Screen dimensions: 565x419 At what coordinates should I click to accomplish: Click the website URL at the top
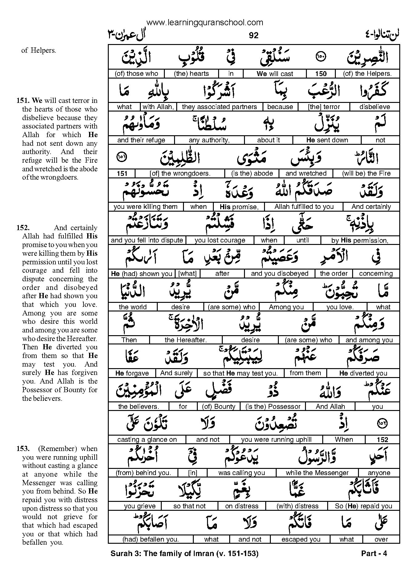[205, 22]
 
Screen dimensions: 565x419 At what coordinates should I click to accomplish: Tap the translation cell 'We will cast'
[275, 74]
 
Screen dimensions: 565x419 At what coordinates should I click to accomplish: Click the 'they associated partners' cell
[219, 107]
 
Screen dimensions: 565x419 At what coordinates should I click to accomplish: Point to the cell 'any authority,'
[209, 140]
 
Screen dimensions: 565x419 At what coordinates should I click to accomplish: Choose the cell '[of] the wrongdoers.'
[180, 173]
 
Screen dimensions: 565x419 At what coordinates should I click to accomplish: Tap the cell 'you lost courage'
[220, 240]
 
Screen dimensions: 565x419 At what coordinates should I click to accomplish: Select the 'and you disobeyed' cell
[279, 274]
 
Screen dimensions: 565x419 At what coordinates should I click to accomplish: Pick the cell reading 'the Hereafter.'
[185, 340]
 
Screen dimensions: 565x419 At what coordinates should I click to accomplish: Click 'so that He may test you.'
[240, 373]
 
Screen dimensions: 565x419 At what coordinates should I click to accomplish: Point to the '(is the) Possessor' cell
[273, 407]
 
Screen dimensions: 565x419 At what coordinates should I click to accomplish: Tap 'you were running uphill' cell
[276, 440]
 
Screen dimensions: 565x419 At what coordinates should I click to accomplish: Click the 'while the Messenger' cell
[317, 473]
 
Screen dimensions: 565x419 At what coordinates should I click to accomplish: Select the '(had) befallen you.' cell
[150, 539]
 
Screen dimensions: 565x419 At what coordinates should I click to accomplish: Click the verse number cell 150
[321, 74]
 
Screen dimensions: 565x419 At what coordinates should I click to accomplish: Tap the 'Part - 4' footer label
[374, 554]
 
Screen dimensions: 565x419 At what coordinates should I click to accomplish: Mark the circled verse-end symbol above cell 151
[122, 157]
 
